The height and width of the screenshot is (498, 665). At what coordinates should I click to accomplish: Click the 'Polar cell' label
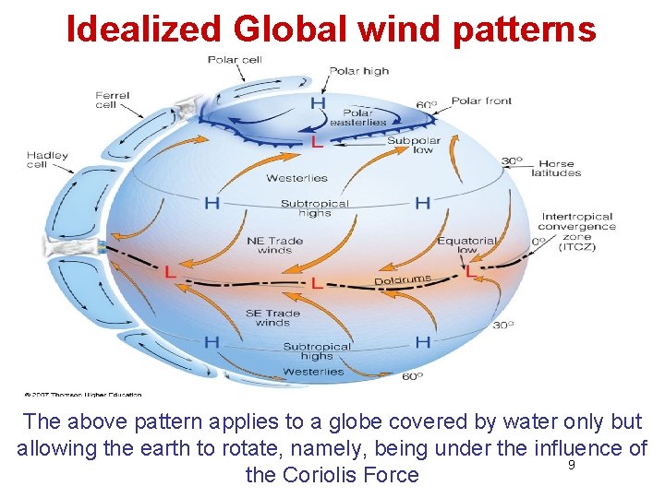pyautogui.click(x=235, y=61)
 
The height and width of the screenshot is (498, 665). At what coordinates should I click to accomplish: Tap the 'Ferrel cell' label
pyautogui.click(x=113, y=100)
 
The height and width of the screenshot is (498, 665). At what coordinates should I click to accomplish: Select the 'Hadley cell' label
pyautogui.click(x=48, y=160)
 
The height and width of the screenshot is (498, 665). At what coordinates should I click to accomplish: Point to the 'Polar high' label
pyautogui.click(x=359, y=71)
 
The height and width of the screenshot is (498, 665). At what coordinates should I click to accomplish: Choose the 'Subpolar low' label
pyautogui.click(x=413, y=145)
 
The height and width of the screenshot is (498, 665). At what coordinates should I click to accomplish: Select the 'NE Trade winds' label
pyautogui.click(x=275, y=246)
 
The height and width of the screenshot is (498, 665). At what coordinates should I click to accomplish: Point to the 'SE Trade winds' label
pyautogui.click(x=273, y=318)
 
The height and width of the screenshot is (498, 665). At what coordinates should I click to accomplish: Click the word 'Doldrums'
pyautogui.click(x=403, y=279)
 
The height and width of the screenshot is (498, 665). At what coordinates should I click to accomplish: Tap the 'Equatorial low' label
pyautogui.click(x=466, y=245)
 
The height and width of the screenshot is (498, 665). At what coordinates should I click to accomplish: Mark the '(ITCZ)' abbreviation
pyautogui.click(x=578, y=247)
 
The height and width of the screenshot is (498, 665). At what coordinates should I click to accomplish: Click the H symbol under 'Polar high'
pyautogui.click(x=318, y=102)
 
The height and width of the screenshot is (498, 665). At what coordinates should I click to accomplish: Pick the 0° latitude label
pyautogui.click(x=538, y=242)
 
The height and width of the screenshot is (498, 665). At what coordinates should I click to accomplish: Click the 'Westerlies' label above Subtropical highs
pyautogui.click(x=296, y=178)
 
